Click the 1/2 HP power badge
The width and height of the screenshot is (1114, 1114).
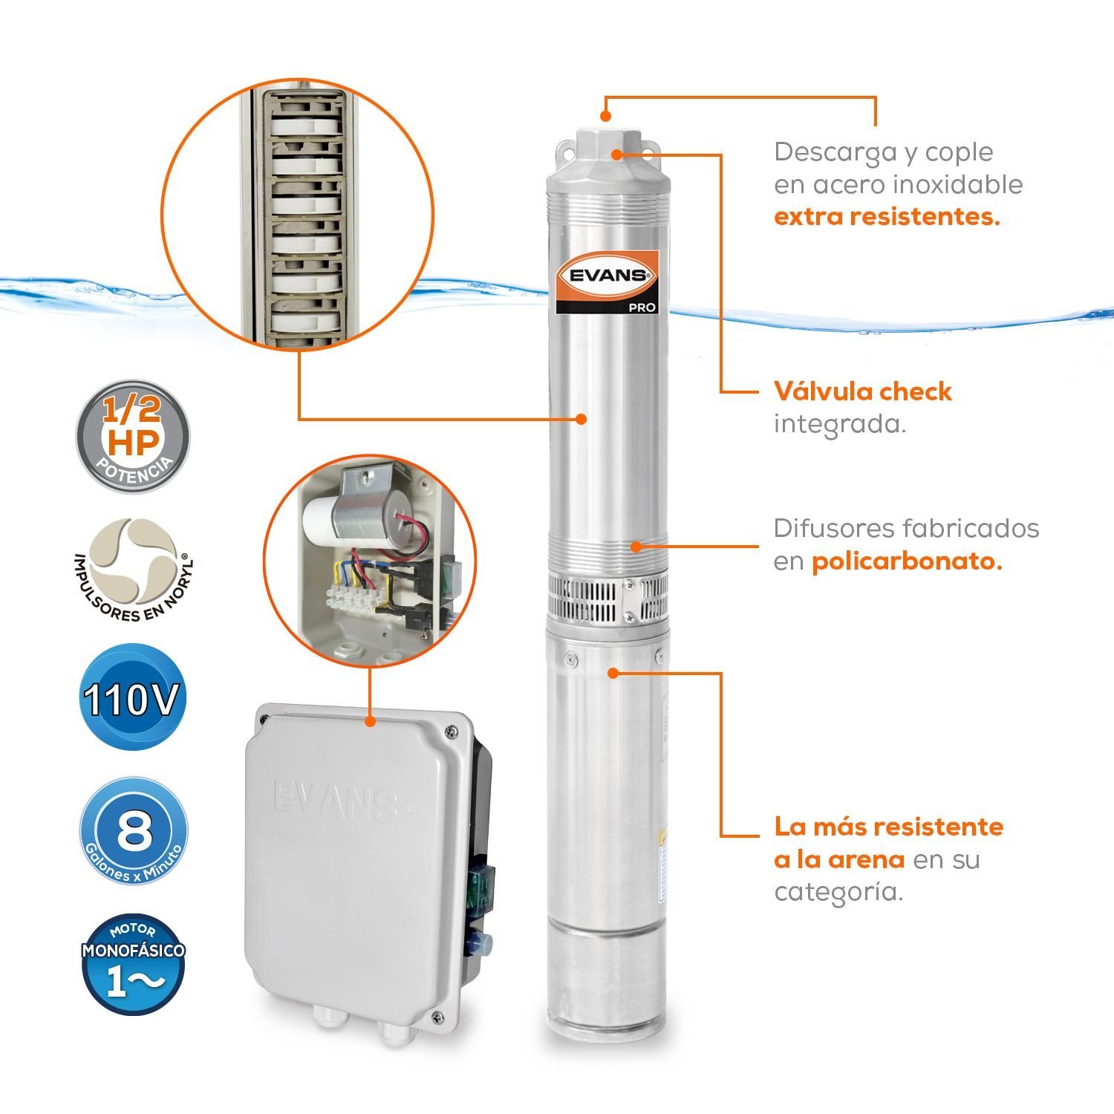pyautogui.click(x=133, y=435)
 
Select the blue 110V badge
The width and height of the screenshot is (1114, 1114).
pyautogui.click(x=131, y=699)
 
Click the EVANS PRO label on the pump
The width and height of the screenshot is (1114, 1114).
pyautogui.click(x=608, y=282)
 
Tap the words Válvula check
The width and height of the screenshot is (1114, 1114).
pyautogui.click(x=862, y=391)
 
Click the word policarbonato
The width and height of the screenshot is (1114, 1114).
pyautogui.click(x=906, y=561)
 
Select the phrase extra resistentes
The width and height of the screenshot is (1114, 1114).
pyautogui.click(x=887, y=217)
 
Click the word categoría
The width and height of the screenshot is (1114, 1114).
pyautogui.click(x=838, y=892)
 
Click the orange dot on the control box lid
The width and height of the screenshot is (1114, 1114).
pyautogui.click(x=370, y=720)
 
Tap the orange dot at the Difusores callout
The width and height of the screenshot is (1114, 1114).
pyautogui.click(x=636, y=547)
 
